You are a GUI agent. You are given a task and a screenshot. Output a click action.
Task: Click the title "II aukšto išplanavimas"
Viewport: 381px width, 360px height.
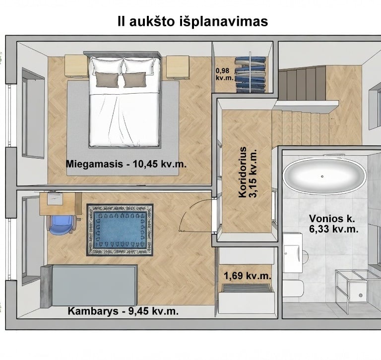point(192,21)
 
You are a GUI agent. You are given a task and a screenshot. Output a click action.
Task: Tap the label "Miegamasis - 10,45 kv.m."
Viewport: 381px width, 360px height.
point(126,164)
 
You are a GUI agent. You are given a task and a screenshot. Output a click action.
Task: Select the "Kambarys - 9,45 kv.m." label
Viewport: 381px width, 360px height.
point(123,311)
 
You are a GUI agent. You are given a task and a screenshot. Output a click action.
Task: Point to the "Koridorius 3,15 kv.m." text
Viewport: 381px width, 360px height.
point(248,172)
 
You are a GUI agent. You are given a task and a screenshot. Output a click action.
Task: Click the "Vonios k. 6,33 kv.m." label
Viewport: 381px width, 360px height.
point(333,224)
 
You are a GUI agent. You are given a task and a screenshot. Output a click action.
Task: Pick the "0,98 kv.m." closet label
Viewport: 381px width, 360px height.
point(224,74)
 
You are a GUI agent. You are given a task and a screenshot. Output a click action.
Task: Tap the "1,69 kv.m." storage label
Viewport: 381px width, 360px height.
point(247,276)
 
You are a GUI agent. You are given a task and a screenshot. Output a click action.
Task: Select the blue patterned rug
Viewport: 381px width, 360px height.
point(120,230)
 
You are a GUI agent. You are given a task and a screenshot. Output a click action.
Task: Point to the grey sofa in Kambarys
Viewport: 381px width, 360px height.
point(89,286)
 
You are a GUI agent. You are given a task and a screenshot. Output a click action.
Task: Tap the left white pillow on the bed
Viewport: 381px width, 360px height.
point(106,65)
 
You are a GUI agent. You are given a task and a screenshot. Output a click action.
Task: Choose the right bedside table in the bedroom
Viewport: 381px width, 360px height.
point(178,67)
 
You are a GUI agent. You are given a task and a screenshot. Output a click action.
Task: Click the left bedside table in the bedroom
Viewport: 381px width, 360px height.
point(76,66)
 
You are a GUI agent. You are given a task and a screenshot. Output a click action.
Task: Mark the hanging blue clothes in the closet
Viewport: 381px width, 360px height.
point(250,74)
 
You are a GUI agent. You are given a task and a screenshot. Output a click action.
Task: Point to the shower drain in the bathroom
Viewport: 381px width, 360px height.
point(361,296)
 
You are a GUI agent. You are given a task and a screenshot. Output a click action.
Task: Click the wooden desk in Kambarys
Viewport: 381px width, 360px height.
point(61,204)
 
